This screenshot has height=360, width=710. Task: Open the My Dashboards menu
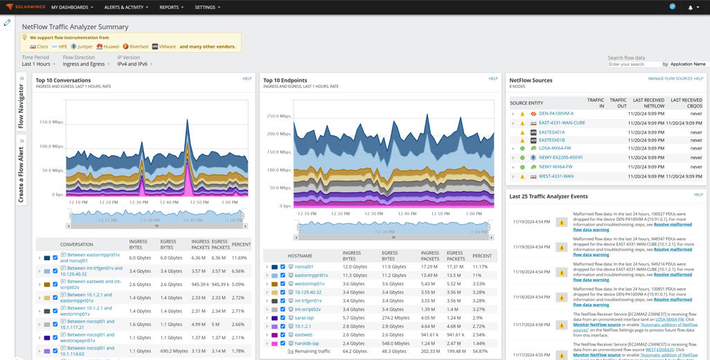71,8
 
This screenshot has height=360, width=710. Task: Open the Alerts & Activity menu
125,8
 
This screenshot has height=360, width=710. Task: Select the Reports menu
171,8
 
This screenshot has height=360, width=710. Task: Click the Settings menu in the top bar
207,8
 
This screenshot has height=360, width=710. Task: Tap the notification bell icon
690,8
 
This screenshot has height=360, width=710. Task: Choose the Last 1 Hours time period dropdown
38,64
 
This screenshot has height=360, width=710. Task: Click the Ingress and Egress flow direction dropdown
86,64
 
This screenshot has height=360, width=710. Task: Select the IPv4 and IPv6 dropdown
134,64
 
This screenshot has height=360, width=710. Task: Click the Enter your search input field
634,64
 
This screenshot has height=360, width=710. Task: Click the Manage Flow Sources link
669,79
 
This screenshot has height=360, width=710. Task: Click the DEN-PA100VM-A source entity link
556,114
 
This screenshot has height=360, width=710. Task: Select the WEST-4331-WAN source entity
556,177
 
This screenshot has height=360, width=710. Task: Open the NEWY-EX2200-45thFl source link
560,158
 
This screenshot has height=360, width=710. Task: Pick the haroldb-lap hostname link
307,343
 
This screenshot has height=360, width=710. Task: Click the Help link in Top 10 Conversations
247,79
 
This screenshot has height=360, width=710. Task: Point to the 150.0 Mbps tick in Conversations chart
51,123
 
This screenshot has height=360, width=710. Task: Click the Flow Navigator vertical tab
21,106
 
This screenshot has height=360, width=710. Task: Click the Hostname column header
300,256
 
